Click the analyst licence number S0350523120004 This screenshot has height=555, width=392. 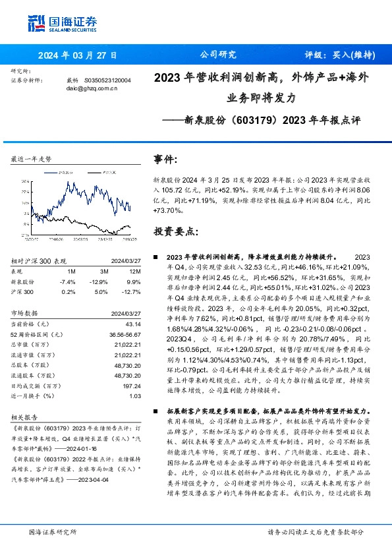(108, 80)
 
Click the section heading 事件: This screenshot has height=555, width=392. (165, 160)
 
